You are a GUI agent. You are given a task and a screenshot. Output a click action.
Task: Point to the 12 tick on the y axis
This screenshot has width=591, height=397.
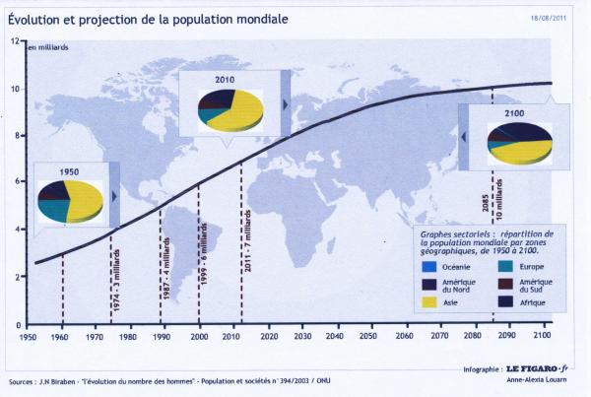tap(15, 41)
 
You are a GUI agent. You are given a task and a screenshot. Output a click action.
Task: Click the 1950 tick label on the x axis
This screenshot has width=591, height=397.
tap(28, 337)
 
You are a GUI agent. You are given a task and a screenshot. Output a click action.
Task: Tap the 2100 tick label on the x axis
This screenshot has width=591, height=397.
tap(540, 337)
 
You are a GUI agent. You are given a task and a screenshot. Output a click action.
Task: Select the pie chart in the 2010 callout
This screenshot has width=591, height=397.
tap(230, 109)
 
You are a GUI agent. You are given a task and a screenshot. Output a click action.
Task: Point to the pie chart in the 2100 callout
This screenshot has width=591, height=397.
tap(519, 143)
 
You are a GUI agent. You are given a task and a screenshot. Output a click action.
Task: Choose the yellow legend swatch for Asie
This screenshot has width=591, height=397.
tap(428, 302)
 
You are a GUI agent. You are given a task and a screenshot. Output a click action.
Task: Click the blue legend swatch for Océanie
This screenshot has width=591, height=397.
tap(428, 265)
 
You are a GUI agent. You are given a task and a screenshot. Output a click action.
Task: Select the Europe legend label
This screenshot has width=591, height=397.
tap(526, 266)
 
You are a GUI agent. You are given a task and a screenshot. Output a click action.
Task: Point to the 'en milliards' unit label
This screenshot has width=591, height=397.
tap(48, 47)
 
